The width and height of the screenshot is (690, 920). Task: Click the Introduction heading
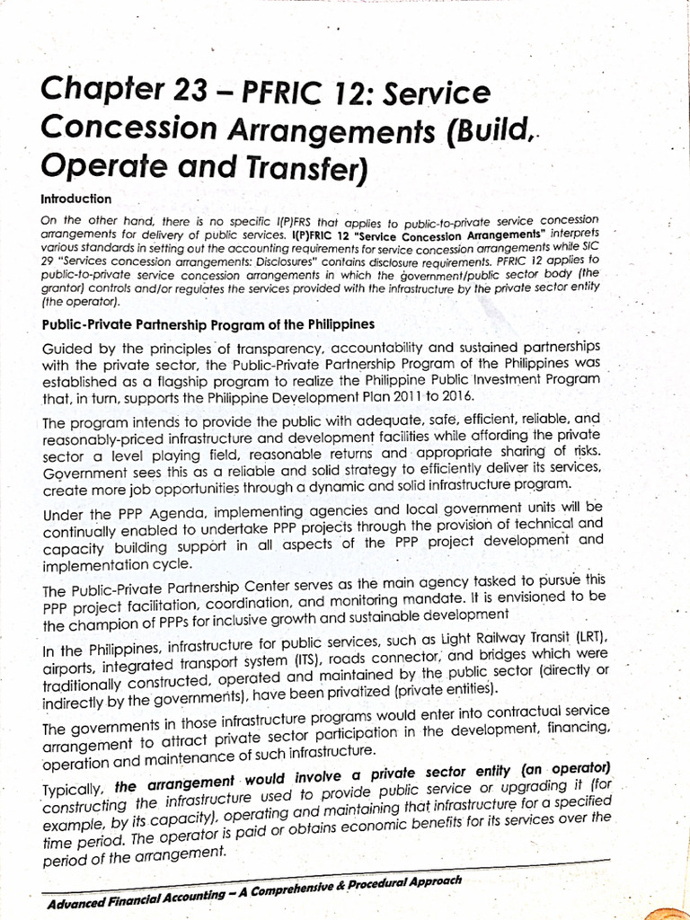[76, 199]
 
